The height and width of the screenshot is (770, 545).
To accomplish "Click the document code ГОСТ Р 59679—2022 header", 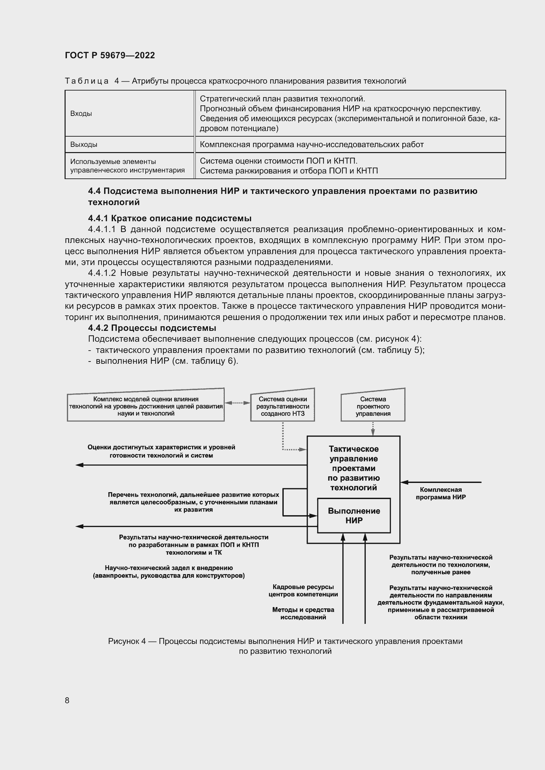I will pos(110,55).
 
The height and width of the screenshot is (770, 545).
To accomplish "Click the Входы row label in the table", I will pos(81,113).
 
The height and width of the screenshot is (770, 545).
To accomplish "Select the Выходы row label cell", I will pos(84,145).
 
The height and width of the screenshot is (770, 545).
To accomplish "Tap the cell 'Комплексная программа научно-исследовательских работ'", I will pos(311,145).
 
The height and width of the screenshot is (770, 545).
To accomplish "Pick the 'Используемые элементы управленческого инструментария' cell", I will pos(127,166).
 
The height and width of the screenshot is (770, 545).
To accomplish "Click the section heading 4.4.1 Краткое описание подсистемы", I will pos(169,218).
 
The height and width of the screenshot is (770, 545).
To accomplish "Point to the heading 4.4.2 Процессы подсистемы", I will pos(152,328).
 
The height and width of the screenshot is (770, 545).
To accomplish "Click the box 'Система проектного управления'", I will pos(373,406).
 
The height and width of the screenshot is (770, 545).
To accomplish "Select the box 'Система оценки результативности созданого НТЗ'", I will pos(283,406).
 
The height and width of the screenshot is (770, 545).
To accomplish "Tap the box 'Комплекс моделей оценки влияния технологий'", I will pos(146,406).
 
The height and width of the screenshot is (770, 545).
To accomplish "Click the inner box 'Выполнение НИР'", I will pos(354,516).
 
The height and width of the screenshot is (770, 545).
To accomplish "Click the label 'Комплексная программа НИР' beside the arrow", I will pos(440,493).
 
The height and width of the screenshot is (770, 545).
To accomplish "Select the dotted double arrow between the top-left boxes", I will pos(237,403).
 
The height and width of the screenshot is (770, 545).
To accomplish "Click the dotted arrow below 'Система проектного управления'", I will pos(373,429).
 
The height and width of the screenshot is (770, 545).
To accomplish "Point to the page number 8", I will pos(67,700).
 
